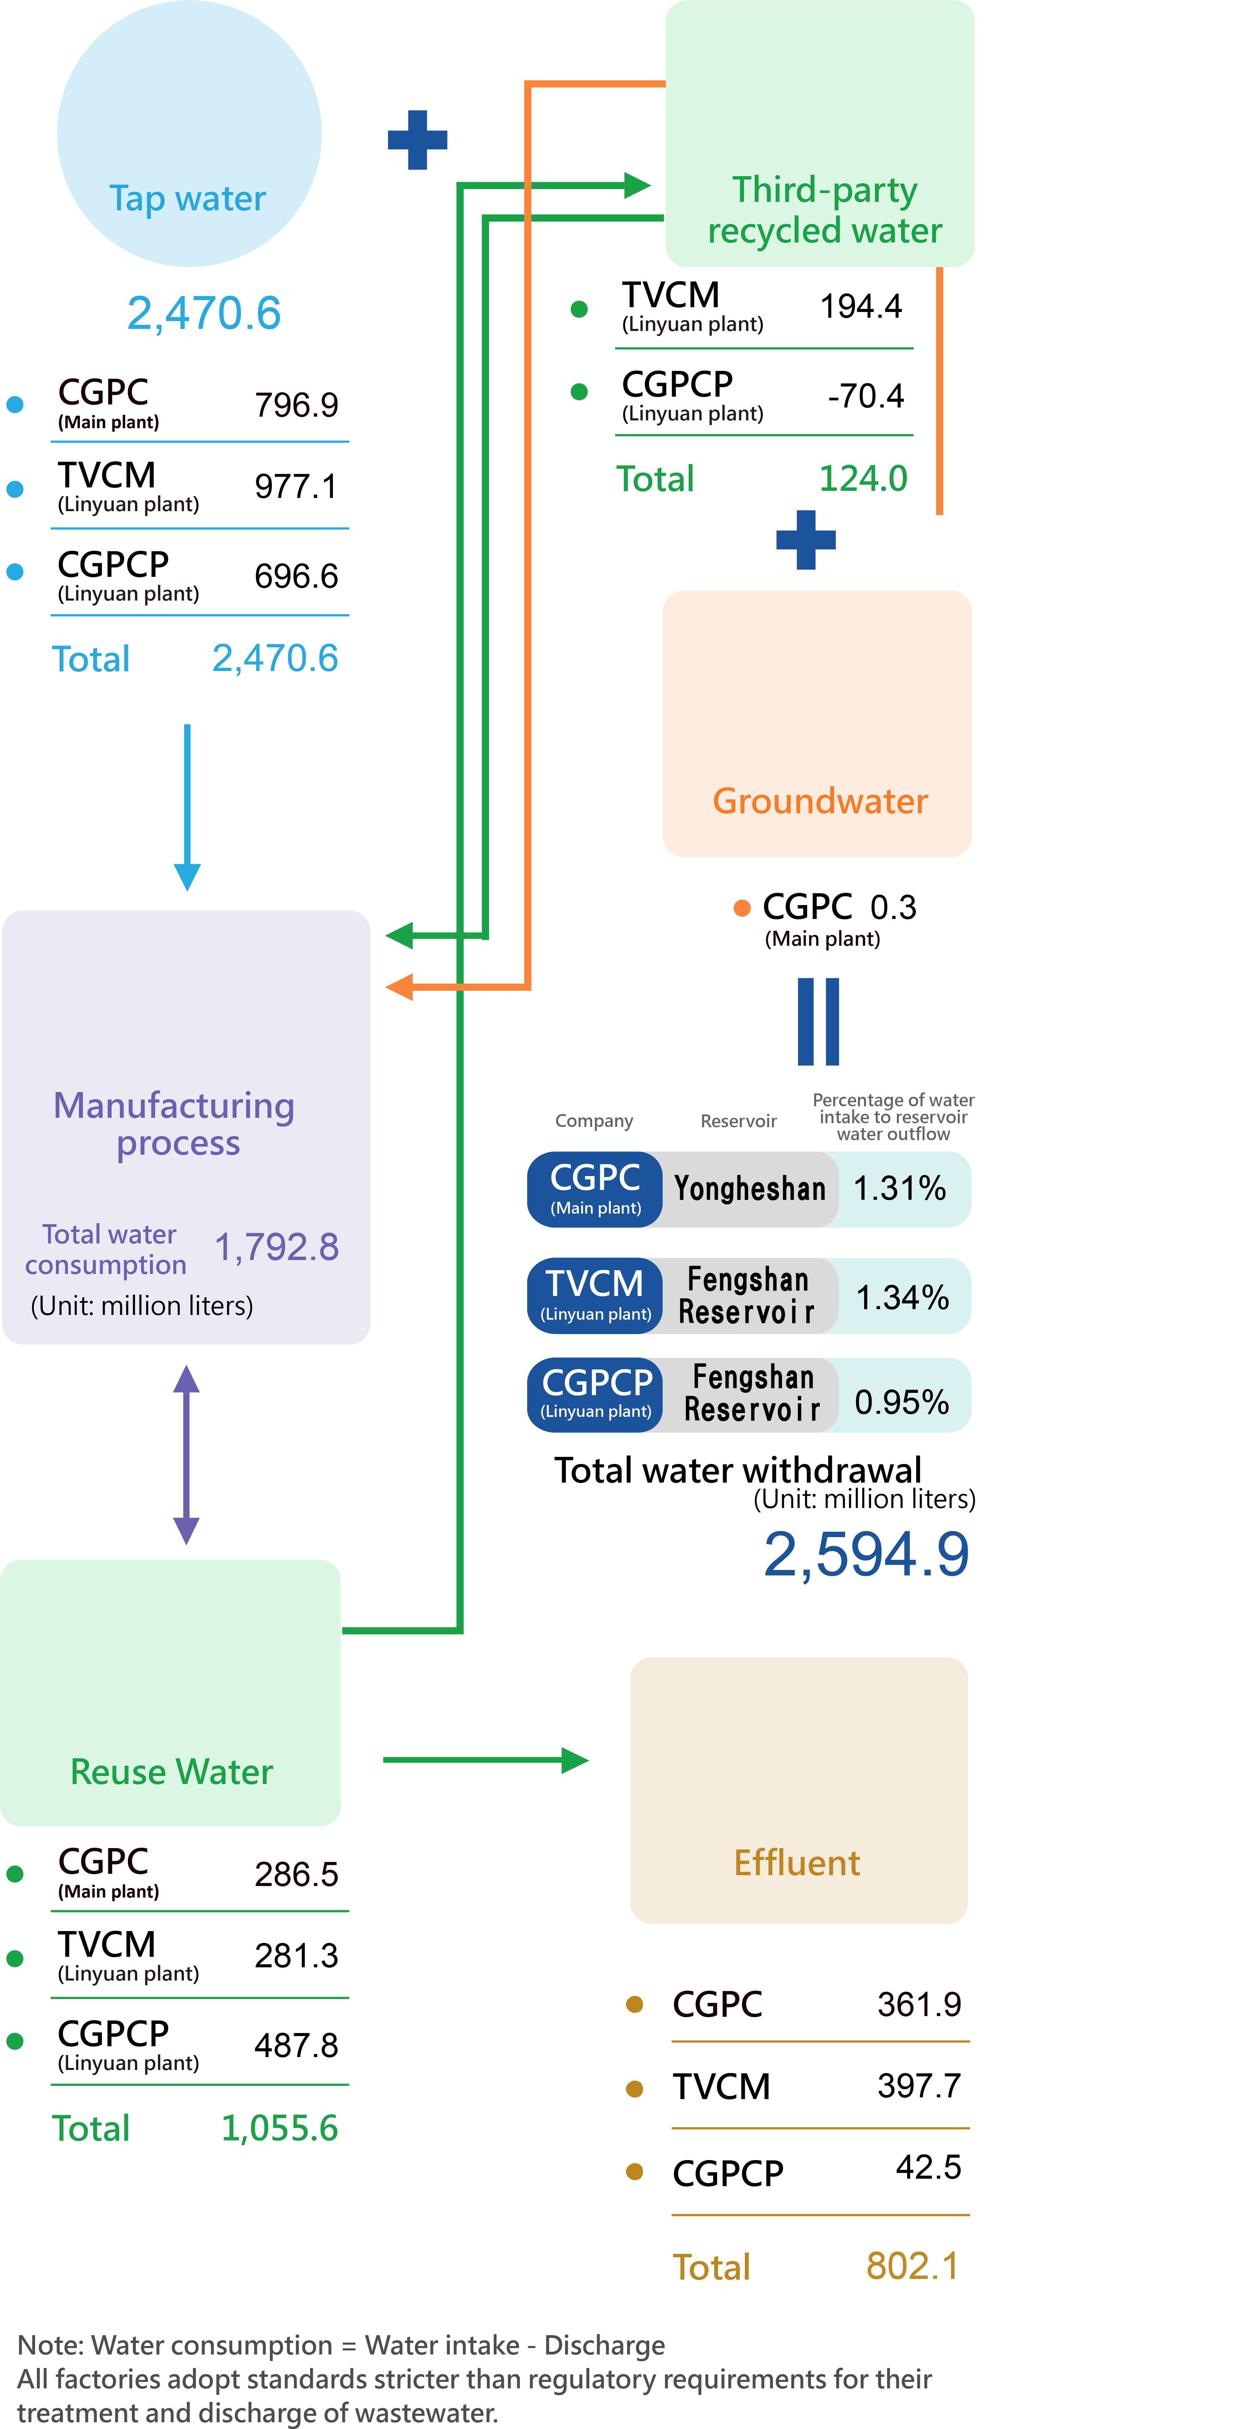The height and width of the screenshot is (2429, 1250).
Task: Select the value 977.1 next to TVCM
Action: [x=296, y=486]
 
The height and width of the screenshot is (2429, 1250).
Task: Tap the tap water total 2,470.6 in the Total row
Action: [x=274, y=658]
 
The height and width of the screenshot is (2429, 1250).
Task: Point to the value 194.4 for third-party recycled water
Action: [x=861, y=307]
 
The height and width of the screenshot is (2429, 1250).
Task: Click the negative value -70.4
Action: [x=865, y=396]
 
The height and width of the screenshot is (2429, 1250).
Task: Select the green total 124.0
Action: [x=863, y=479]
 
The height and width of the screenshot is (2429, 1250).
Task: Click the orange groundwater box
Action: [x=816, y=723]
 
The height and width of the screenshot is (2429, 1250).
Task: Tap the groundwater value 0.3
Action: [x=893, y=907]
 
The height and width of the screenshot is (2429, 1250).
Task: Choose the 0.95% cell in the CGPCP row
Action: [x=901, y=1402]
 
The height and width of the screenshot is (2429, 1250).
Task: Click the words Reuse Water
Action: [x=172, y=1772]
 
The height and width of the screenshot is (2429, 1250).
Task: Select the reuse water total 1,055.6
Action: [x=279, y=2128]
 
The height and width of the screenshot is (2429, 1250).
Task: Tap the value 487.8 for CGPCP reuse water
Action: [x=296, y=2045]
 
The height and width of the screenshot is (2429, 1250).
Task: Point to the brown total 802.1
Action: [x=911, y=2266]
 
